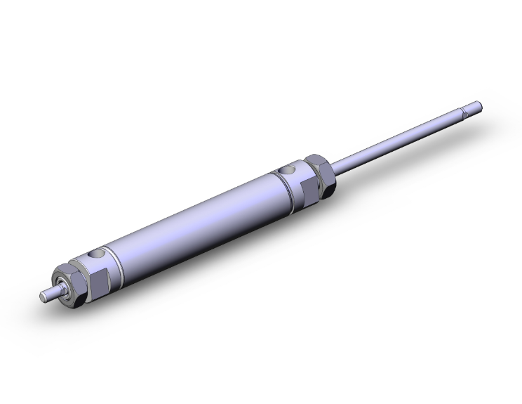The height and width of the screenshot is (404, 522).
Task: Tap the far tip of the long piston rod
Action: point(481,105)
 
